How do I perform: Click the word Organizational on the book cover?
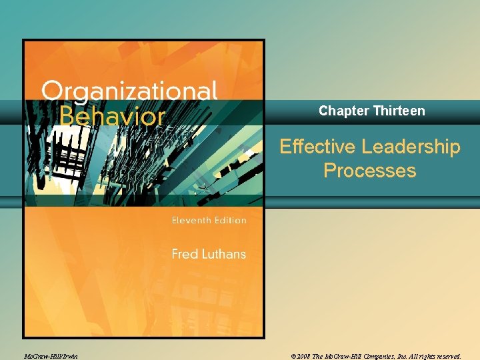click(x=130, y=91)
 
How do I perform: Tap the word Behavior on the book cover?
click(x=112, y=116)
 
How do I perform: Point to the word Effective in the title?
click(x=317, y=147)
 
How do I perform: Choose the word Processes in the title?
click(x=369, y=171)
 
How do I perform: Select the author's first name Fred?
click(x=185, y=254)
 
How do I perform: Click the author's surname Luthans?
click(x=223, y=254)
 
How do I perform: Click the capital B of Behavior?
click(x=67, y=116)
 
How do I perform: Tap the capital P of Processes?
click(x=329, y=171)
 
